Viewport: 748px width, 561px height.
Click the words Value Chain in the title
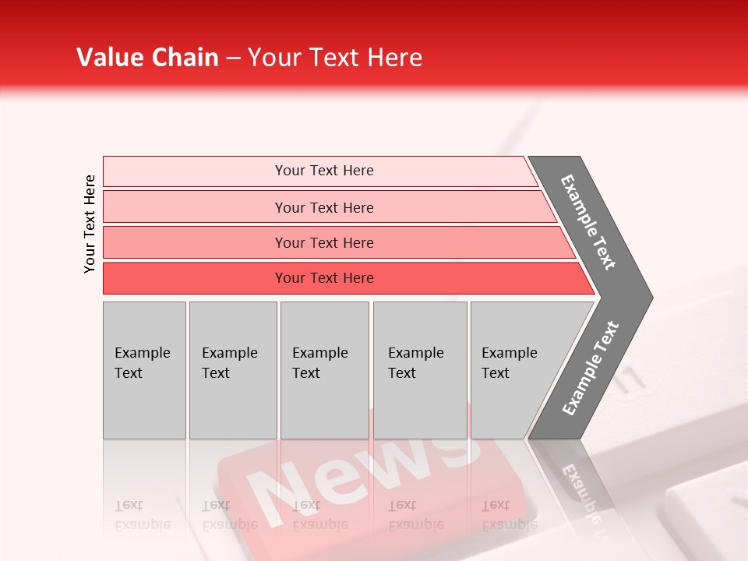(147, 58)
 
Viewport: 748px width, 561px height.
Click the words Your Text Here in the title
(335, 58)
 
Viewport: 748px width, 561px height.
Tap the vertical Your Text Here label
(90, 224)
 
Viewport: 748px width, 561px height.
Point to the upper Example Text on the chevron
(588, 222)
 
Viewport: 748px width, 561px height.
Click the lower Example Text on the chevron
(591, 368)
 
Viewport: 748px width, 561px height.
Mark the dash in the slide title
(233, 58)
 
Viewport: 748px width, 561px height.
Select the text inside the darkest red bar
(324, 278)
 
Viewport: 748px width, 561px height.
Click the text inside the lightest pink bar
(324, 171)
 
